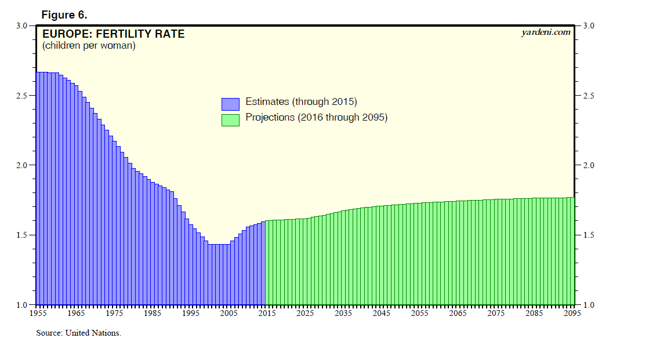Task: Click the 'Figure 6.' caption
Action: click(x=64, y=14)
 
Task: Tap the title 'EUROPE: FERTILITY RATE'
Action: click(x=114, y=34)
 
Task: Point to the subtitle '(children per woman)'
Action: click(x=89, y=46)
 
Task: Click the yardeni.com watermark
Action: click(x=546, y=32)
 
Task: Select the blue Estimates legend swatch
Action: click(x=230, y=104)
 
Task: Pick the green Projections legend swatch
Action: click(x=230, y=119)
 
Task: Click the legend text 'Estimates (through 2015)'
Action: click(x=301, y=102)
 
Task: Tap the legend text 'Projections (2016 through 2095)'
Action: click(x=316, y=118)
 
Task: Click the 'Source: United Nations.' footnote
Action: click(x=78, y=333)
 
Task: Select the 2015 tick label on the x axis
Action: click(x=266, y=314)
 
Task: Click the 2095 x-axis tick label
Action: click(x=572, y=314)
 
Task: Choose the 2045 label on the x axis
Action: click(x=381, y=314)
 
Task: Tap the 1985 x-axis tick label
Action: click(x=151, y=314)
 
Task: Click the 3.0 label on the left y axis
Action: click(x=22, y=26)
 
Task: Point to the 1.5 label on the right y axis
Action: click(x=588, y=235)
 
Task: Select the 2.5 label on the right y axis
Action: click(x=588, y=96)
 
